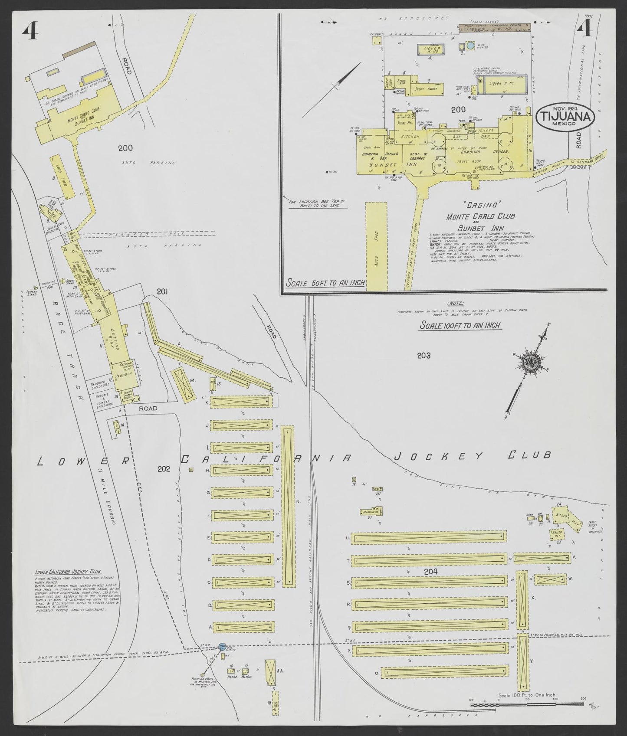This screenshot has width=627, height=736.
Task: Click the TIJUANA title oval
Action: pos(565,116)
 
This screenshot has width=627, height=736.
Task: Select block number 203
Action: pos(423,356)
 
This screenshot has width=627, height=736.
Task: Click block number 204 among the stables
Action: pos(432,572)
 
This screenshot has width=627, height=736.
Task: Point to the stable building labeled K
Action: pos(241,402)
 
